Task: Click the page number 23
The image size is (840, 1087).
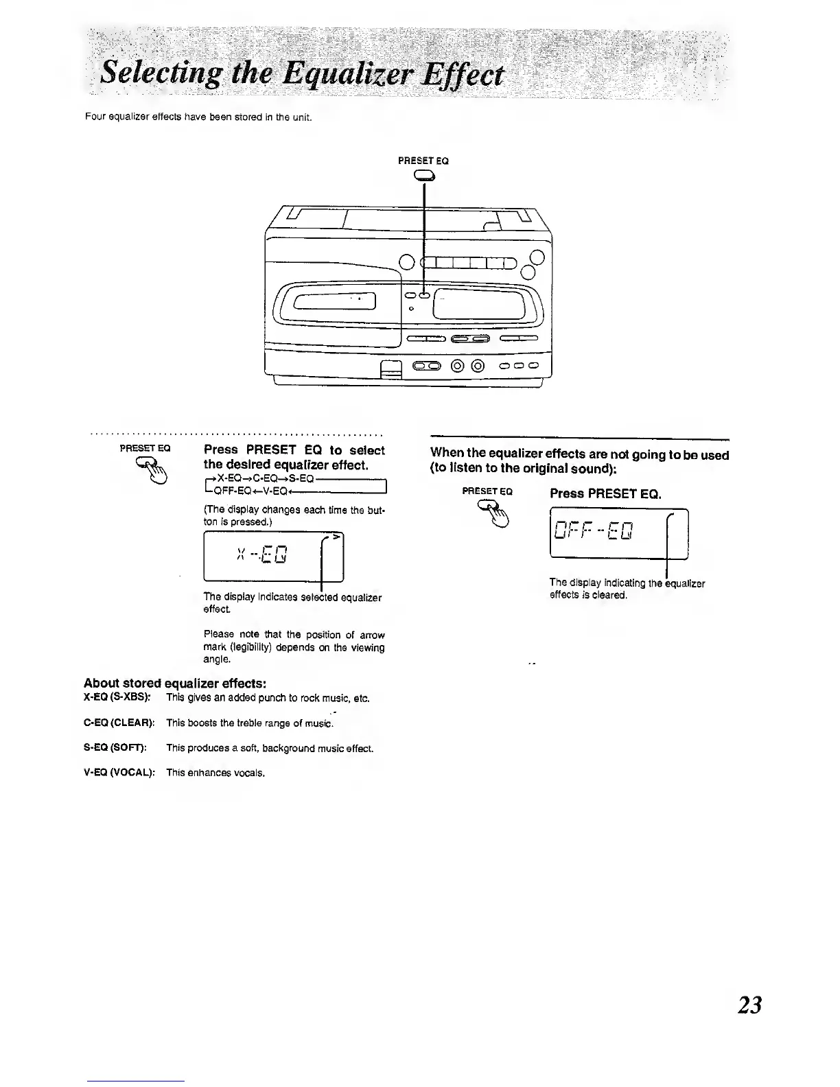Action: [x=749, y=1005]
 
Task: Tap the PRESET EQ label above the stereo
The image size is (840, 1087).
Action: [x=423, y=161]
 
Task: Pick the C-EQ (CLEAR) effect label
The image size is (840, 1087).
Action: [x=119, y=723]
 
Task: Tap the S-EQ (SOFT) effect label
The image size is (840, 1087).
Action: [x=115, y=748]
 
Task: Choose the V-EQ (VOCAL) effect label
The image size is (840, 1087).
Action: [x=119, y=773]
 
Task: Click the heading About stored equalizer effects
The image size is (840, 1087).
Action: [x=174, y=683]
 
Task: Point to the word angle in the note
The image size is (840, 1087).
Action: [x=215, y=659]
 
